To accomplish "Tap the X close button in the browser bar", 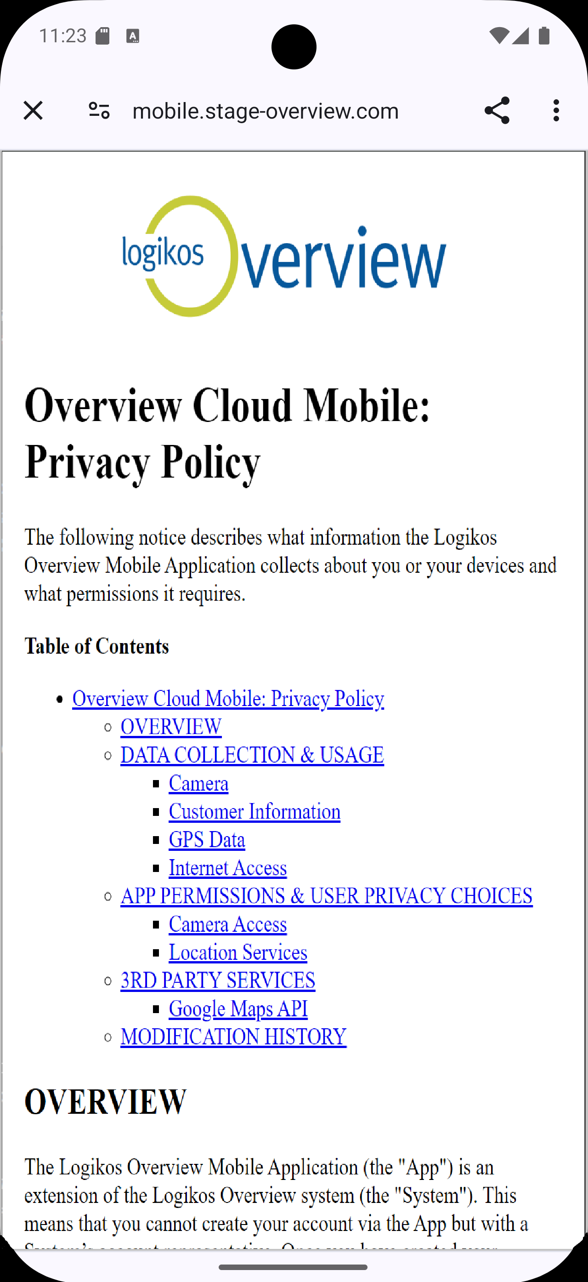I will coord(33,110).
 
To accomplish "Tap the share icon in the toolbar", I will coord(497,110).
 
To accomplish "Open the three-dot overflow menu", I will coord(556,110).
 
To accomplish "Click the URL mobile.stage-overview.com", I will coord(266,111).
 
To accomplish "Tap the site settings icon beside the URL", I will coord(99,110).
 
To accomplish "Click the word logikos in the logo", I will coord(163,252).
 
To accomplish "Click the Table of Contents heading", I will coord(97,646).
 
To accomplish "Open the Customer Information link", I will coord(254,812).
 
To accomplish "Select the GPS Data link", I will coord(207,840).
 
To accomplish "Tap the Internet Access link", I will coord(228,868).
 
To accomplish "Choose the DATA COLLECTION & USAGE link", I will coord(252,755).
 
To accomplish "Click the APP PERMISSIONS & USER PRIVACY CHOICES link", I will coord(326,896).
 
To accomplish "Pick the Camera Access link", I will coord(228,924).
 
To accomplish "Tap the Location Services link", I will coord(238,952).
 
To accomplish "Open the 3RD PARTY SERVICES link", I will coord(218,980).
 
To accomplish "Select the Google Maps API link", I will coord(238,1009).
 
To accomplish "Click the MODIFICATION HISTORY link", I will coord(233,1037).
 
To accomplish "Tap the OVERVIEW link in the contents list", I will coord(171,727).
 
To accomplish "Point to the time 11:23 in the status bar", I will coord(62,36).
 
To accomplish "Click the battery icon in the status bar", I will coord(544,36).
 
